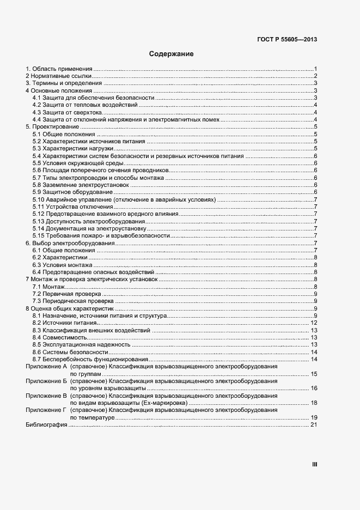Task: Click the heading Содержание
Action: point(172,54)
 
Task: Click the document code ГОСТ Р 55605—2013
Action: point(287,39)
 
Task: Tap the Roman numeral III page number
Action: point(314,464)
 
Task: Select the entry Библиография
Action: point(46,425)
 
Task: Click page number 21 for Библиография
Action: point(314,425)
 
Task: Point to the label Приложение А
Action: point(46,367)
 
